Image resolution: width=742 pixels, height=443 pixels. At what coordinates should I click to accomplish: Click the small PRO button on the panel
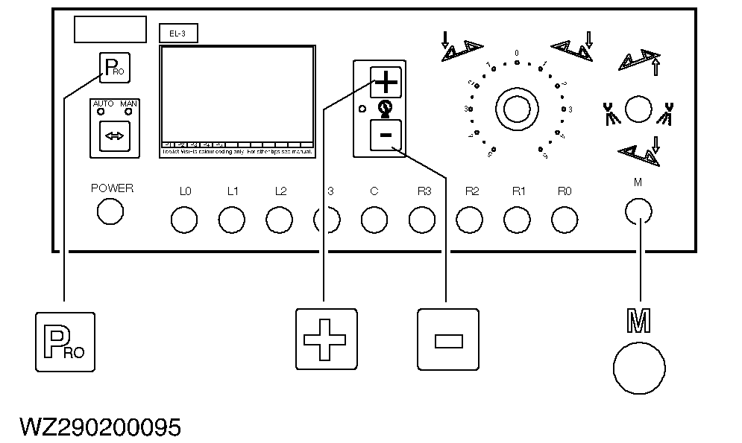(115, 69)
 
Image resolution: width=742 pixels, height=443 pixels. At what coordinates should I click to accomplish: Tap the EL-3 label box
(178, 33)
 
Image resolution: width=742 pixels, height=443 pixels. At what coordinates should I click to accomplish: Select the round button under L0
(184, 219)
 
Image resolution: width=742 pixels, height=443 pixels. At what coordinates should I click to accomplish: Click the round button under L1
(232, 219)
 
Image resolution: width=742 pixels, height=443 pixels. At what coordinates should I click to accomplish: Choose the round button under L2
(280, 219)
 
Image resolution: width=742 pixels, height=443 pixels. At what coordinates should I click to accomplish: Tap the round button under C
(374, 219)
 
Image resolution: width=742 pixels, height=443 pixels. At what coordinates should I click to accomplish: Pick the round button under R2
(470, 219)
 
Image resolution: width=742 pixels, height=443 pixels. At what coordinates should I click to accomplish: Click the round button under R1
(518, 219)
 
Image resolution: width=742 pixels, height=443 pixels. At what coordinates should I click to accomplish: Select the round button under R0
(565, 219)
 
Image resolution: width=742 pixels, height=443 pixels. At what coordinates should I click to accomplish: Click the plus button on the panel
(386, 81)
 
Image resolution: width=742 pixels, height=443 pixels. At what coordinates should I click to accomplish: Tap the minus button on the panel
(386, 135)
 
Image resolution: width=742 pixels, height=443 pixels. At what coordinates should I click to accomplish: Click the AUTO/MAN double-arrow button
(115, 136)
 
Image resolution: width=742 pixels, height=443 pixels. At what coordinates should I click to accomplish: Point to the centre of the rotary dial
(516, 109)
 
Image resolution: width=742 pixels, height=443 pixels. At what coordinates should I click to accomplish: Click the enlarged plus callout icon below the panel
(327, 340)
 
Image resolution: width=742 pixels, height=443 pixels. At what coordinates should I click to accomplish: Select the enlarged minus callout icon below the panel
(447, 340)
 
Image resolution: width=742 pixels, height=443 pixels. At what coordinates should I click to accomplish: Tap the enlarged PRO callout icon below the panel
(66, 342)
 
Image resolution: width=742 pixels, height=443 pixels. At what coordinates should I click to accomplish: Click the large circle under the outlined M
(639, 368)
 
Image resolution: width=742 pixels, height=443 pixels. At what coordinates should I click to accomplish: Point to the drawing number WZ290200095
(101, 427)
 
